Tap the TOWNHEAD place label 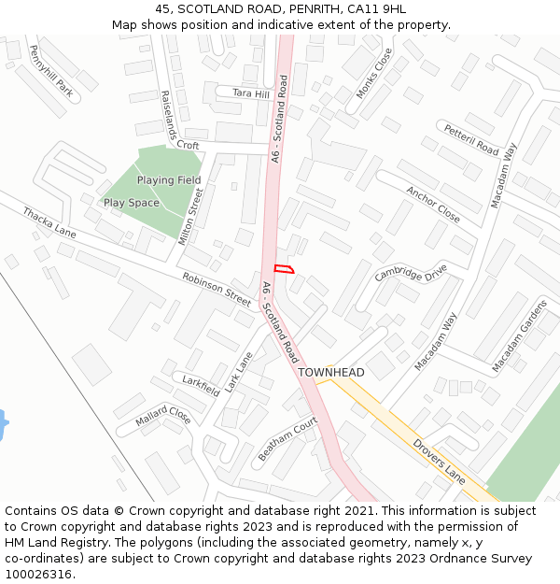point(331,372)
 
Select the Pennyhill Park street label point(50,71)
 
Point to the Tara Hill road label point(250,94)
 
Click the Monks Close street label point(374,74)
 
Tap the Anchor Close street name point(433,205)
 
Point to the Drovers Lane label point(439,462)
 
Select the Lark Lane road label point(240,371)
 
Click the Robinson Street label point(217,291)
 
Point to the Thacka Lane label point(49,222)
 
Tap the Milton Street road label point(190,216)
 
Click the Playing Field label point(169,179)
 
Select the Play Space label point(132,203)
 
